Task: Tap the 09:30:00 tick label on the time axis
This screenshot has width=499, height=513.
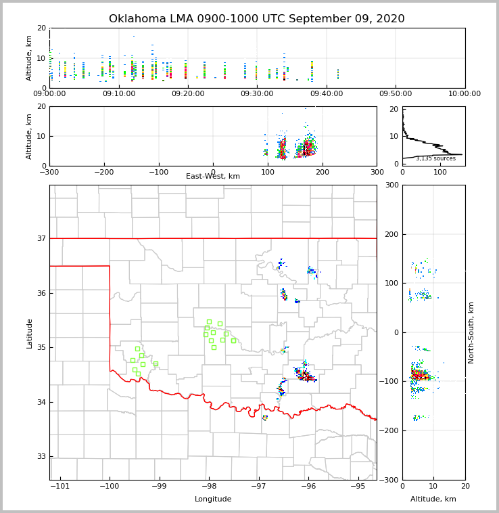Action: (x=257, y=94)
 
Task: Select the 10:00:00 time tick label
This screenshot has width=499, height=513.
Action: (x=465, y=94)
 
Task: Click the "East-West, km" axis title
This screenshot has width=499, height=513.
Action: (x=213, y=177)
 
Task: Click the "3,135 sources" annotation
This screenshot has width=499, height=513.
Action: (x=435, y=158)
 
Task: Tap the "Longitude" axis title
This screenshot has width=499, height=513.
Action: (x=213, y=499)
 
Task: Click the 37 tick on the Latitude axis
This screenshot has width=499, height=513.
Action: (x=41, y=238)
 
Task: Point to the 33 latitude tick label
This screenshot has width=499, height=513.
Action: (x=41, y=457)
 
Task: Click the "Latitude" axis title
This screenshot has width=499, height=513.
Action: (x=29, y=333)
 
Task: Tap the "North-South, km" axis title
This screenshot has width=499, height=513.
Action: (x=471, y=332)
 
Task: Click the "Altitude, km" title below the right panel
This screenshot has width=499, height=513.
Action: (x=433, y=499)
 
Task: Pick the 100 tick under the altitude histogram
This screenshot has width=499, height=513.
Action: (x=440, y=173)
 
